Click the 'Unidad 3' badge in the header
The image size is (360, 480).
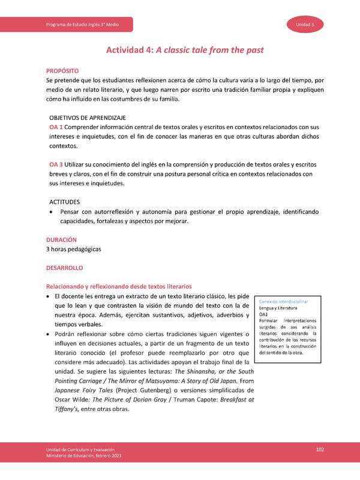pos(308,24)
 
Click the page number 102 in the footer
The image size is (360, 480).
pos(320,449)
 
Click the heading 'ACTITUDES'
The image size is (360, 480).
pos(65,202)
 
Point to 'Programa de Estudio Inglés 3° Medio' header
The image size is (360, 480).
pos(82,24)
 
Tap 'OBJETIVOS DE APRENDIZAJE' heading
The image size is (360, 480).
pos(87,118)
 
